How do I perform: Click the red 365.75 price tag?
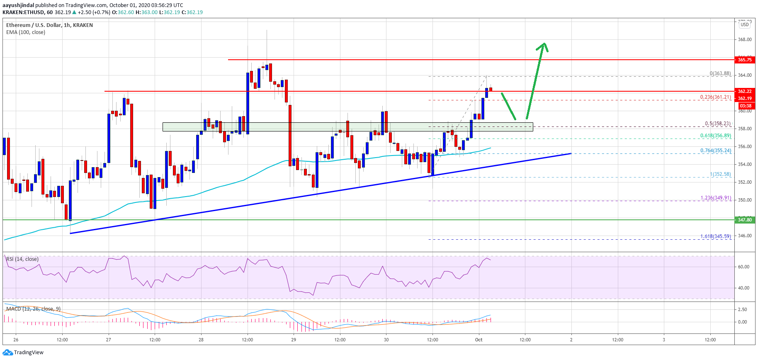tap(744, 60)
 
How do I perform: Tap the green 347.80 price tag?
tap(744, 220)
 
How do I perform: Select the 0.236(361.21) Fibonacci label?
tap(715, 97)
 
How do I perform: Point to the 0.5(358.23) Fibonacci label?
tap(718, 124)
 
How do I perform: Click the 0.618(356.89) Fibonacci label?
tap(715, 136)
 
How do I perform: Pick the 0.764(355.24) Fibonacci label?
tap(715, 151)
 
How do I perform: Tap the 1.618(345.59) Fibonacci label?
tap(715, 236)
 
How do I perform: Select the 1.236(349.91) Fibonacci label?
tap(715, 198)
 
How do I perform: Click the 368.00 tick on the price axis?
tap(745, 40)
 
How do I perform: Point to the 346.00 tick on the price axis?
tap(745, 236)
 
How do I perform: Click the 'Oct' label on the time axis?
tap(479, 340)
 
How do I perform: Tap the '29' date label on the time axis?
tap(294, 340)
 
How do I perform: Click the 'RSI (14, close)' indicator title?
tap(22, 259)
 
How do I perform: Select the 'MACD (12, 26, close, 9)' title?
tap(33, 309)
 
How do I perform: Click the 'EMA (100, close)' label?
tap(26, 32)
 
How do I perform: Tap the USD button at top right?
tap(745, 24)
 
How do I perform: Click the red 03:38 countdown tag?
tap(744, 106)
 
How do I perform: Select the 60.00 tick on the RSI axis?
tap(743, 267)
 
